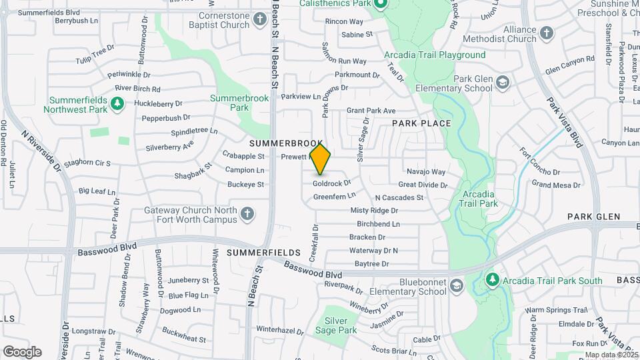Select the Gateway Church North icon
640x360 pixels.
[247, 214]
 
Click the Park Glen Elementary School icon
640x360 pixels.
[503, 83]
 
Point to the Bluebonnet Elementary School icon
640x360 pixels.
[457, 287]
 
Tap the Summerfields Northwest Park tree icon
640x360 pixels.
[117, 103]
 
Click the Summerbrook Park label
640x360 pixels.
[229, 102]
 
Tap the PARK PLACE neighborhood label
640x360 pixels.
[421, 123]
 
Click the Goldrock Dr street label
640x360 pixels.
[332, 183]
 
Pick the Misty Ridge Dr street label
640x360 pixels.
[374, 211]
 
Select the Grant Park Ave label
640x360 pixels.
[371, 111]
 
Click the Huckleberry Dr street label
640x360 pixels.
[158, 103]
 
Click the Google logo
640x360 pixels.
[22, 351]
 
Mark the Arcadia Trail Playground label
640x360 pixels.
[435, 55]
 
